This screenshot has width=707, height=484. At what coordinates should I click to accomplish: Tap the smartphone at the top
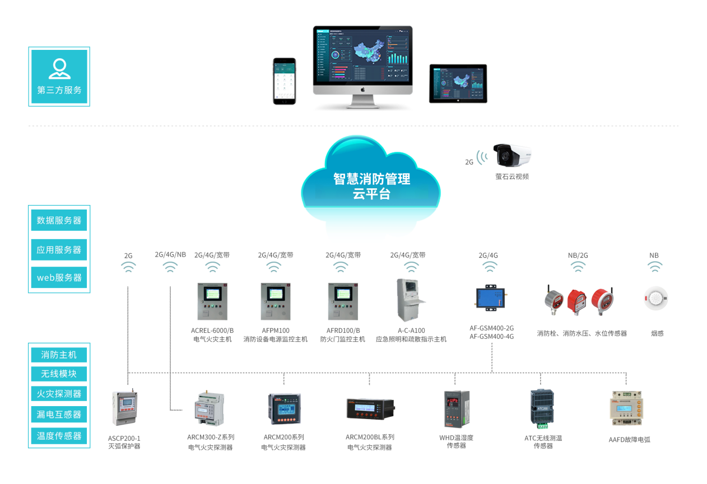point(284,81)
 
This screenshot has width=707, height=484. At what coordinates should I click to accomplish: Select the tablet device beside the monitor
point(458,83)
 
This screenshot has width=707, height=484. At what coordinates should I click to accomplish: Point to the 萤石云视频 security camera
point(511,155)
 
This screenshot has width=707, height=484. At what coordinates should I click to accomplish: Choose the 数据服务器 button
point(59,220)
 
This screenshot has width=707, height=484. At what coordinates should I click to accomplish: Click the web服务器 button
point(59,277)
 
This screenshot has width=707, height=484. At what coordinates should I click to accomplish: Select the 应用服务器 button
point(59,250)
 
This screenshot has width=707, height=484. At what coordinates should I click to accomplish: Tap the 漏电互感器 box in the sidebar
point(59,415)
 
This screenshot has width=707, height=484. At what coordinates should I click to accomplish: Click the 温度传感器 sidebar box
point(59,435)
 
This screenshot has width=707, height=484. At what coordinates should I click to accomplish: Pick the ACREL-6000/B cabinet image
point(212,301)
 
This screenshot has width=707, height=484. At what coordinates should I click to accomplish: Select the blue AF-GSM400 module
point(491,297)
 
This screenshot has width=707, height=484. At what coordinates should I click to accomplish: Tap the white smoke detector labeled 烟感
point(655,299)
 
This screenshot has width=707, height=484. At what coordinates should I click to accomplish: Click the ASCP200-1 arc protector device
point(124,408)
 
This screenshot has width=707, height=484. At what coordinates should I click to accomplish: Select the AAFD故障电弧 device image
point(629,409)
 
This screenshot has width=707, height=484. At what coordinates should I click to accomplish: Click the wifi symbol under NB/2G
point(578,267)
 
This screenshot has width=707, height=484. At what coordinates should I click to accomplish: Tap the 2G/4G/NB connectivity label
point(170,254)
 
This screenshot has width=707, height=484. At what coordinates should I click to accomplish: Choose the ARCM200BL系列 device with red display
point(369,409)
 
